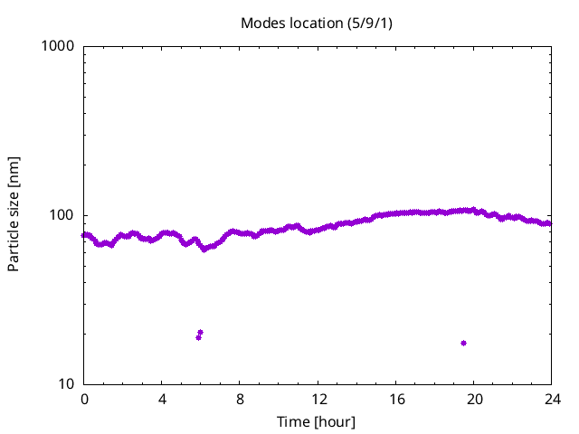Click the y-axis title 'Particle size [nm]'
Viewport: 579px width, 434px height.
[14, 214]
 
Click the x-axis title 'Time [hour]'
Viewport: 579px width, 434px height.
[318, 421]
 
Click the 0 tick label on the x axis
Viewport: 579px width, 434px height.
[84, 399]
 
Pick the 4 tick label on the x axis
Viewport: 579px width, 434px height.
[162, 399]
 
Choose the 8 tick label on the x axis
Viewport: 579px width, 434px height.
[240, 399]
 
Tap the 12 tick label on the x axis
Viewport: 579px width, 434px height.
[318, 399]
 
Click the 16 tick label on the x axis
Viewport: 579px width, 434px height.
[395, 399]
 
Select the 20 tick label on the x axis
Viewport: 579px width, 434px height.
[473, 399]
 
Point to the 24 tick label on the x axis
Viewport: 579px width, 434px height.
[551, 399]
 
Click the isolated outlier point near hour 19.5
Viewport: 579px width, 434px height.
[463, 343]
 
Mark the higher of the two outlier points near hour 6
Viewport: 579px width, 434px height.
[200, 333]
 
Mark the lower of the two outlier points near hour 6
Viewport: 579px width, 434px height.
[198, 337]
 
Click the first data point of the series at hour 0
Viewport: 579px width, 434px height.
[84, 235]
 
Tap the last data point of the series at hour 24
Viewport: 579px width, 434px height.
[549, 223]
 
